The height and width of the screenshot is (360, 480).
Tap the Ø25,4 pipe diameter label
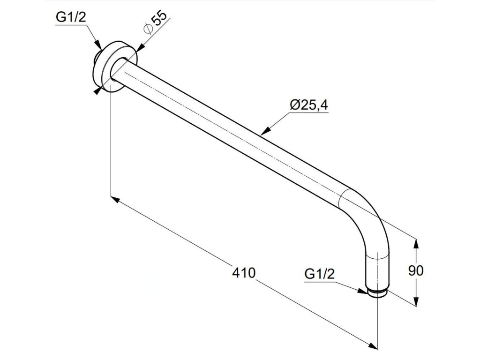[309, 105]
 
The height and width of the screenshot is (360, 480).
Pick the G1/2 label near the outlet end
[319, 274]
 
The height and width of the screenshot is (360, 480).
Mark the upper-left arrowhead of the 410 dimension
[114, 199]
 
